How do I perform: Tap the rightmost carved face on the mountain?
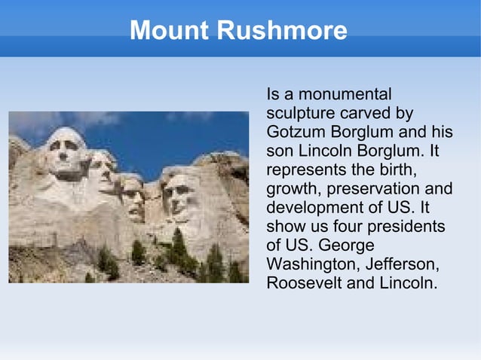(x=179, y=194)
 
